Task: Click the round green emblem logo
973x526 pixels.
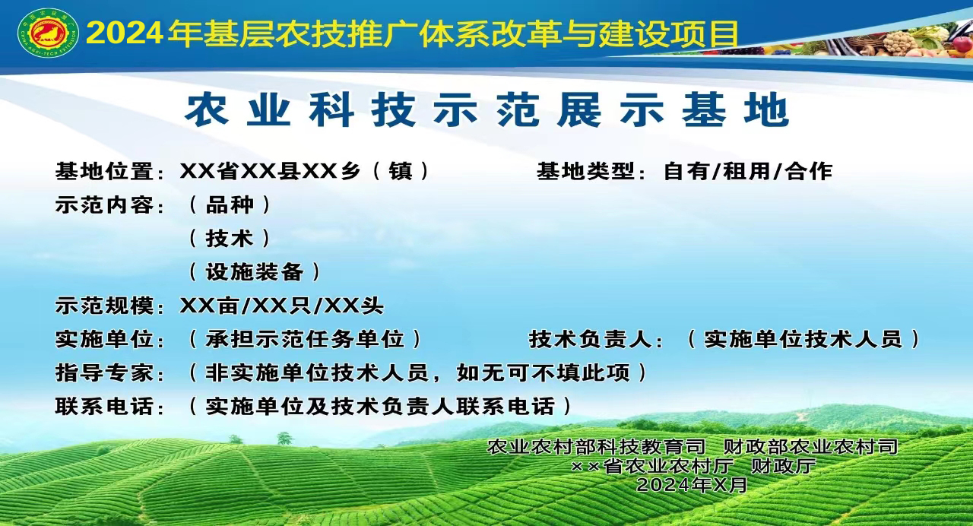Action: point(48,33)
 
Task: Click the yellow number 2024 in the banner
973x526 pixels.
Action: point(125,33)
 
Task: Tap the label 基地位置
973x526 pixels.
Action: point(105,171)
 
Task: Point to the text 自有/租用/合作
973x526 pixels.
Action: point(748,171)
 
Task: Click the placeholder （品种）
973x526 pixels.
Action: point(230,204)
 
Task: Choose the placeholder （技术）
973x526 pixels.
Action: point(230,238)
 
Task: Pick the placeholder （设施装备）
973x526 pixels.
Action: point(255,272)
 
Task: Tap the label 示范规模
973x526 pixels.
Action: point(105,306)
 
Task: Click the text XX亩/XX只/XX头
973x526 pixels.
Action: point(282,306)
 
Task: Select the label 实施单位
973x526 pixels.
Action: point(105,339)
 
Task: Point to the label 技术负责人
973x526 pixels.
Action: point(591,339)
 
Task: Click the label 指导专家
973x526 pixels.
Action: point(105,372)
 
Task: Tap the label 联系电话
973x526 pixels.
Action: point(105,407)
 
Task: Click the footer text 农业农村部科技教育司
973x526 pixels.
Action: point(597,446)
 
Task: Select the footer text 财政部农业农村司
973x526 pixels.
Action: point(810,446)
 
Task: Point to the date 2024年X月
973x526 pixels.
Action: point(692,485)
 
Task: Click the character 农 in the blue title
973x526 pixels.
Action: point(207,110)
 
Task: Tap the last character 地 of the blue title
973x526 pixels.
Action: point(767,110)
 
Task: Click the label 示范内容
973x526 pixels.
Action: point(105,204)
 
